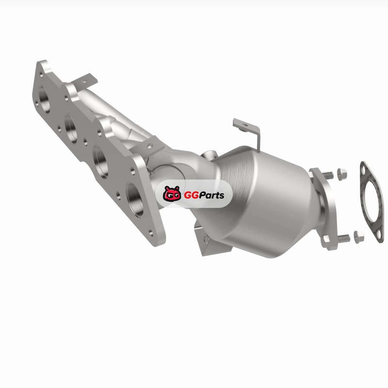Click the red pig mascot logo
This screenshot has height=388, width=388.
[x=172, y=194]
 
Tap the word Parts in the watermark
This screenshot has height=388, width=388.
[x=211, y=195]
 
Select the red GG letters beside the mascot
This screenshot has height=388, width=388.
[x=191, y=195]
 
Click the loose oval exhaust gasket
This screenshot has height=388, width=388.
[x=372, y=202]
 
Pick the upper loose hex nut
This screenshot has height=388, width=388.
[x=342, y=174]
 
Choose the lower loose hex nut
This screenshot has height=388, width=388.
[x=359, y=237]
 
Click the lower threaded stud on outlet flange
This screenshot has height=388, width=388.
[x=343, y=239]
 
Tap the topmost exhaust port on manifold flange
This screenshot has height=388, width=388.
[x=44, y=99]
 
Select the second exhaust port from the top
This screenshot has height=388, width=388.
[x=71, y=129]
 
